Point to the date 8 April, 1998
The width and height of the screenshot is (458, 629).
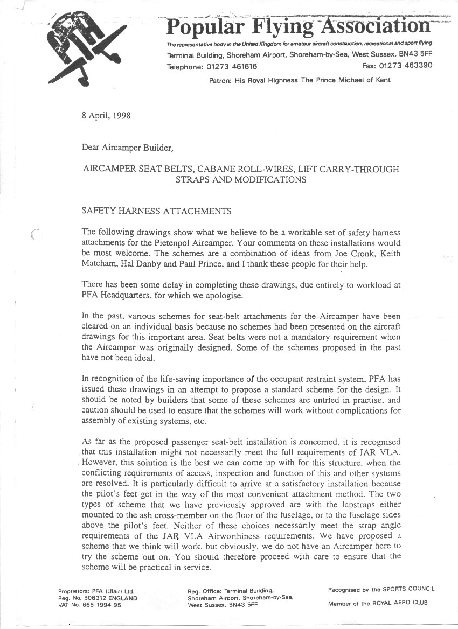(106, 115)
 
